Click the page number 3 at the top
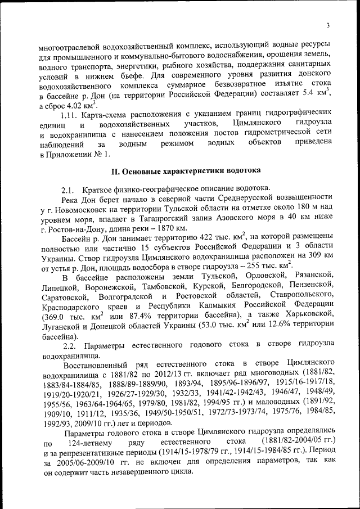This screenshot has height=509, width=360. coord(327,24)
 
